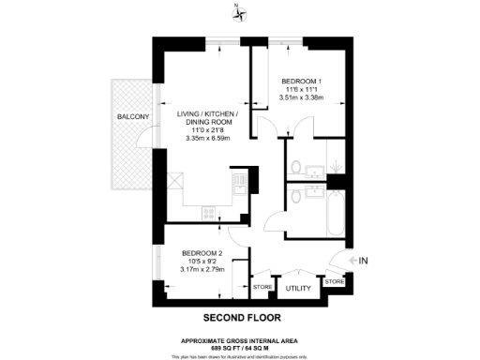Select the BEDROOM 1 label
pos(302,82)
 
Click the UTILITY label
pos(298,289)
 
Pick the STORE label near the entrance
pos(334,280)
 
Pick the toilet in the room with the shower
pos(294,169)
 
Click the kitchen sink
pos(239,180)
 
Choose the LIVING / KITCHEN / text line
pos(208,114)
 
